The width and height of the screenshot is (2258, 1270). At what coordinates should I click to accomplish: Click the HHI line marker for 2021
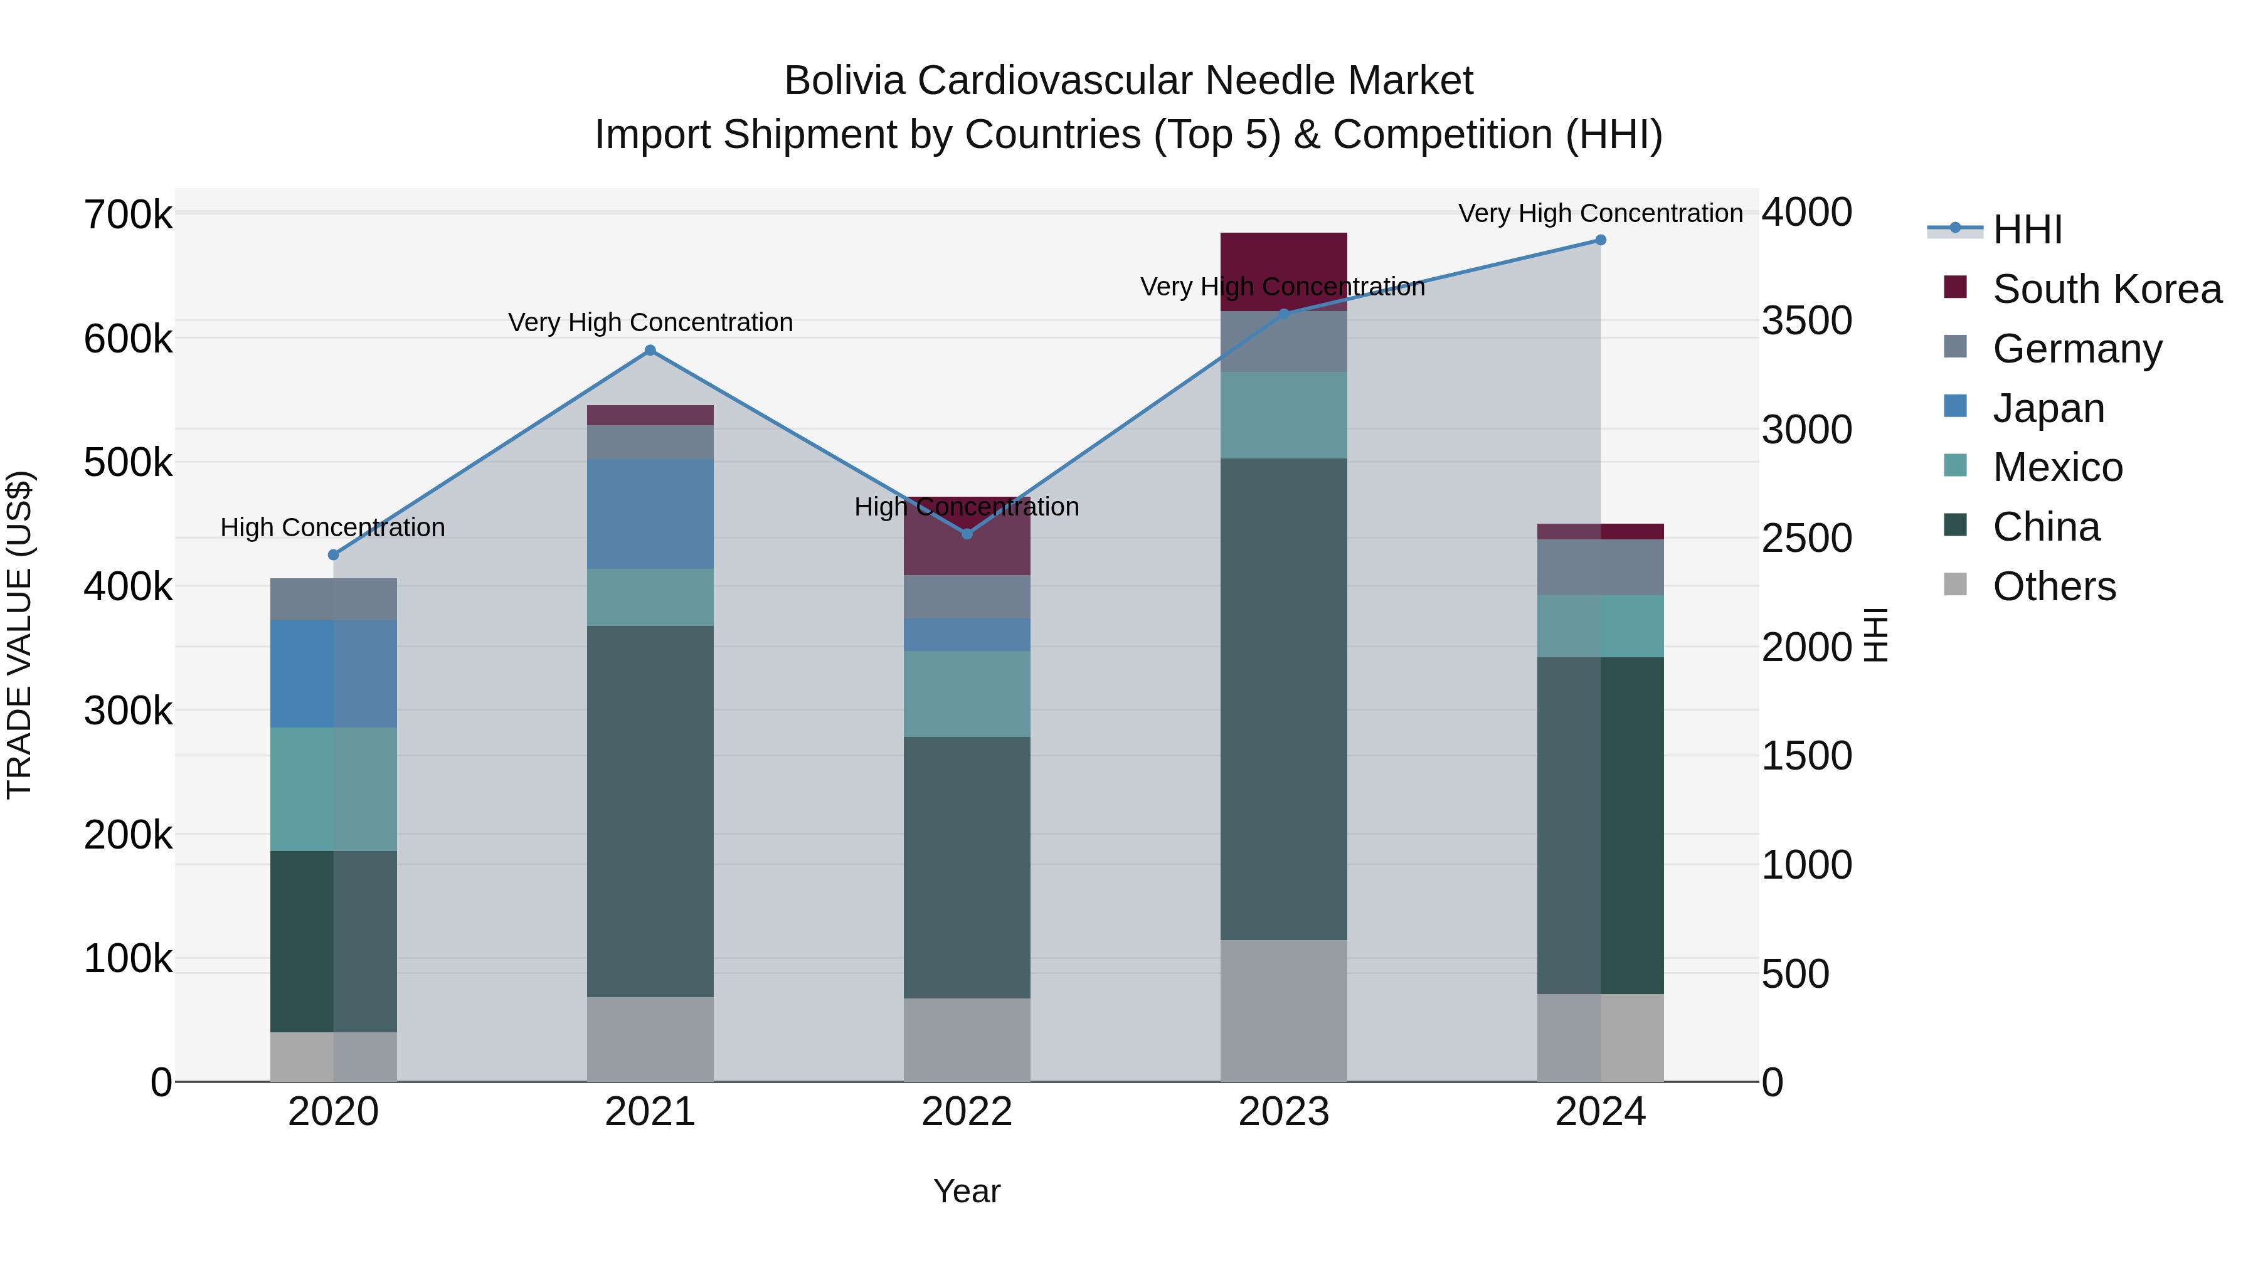650,351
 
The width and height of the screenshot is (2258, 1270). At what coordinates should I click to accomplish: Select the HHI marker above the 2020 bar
333,555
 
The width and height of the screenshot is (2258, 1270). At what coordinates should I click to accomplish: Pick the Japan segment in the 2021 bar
650,514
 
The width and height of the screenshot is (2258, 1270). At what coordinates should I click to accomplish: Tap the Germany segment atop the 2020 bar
333,600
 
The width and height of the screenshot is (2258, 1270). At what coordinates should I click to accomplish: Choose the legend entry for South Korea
2107,289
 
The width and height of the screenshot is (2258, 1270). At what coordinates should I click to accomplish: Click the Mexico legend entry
2057,467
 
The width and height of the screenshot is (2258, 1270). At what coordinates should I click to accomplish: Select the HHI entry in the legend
2027,230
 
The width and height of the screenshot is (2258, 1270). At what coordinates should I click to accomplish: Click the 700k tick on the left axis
128,214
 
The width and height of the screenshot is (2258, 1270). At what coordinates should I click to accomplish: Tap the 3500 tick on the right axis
1806,320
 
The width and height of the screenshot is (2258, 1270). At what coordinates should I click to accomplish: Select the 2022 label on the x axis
967,1112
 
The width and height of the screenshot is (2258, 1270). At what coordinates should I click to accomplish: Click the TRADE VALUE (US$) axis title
19,635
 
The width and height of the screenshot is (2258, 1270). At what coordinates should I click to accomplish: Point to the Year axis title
967,1191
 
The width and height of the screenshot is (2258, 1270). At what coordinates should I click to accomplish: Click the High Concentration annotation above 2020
333,527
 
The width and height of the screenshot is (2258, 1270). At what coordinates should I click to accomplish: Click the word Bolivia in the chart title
845,81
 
